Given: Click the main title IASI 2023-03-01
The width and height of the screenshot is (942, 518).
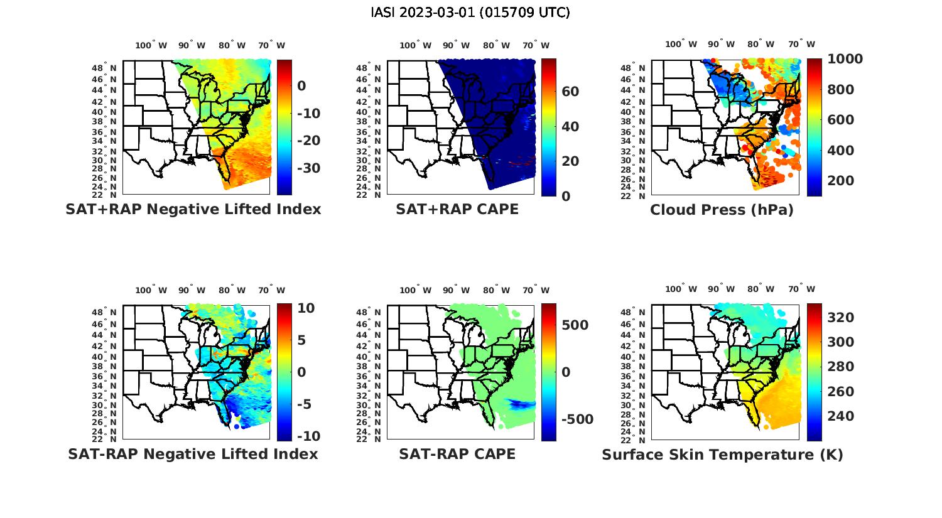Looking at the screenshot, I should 470,13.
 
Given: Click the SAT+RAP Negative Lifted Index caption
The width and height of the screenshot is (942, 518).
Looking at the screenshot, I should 193,209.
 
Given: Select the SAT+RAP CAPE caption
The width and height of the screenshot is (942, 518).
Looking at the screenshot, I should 457,209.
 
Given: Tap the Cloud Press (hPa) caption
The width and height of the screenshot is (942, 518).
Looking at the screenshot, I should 722,210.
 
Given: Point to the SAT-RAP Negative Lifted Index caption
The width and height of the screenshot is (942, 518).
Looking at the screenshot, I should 193,454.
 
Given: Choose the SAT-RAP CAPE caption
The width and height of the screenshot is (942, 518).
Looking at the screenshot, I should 457,454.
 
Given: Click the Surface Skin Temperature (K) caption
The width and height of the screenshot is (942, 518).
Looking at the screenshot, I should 722,455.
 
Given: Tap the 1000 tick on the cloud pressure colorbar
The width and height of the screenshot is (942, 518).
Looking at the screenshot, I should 845,59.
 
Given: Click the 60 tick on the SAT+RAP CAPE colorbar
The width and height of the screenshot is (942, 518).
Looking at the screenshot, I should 570,92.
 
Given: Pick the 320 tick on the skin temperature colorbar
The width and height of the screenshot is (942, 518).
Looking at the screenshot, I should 840,318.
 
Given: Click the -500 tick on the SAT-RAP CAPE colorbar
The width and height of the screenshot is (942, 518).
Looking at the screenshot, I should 577,419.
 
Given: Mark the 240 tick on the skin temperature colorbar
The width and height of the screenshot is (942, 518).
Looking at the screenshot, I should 840,416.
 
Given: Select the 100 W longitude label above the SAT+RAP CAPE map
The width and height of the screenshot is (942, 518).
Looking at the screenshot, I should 415,45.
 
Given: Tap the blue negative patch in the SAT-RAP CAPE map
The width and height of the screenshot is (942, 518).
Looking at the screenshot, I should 520,404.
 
